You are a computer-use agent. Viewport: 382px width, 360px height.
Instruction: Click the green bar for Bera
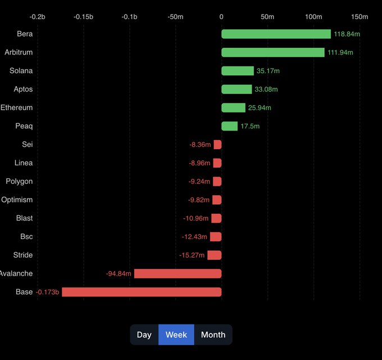coord(276,34)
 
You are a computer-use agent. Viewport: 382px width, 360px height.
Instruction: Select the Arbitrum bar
coord(273,52)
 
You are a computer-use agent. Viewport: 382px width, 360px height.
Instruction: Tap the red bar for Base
coord(142,292)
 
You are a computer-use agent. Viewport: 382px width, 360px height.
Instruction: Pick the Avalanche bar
coord(178,273)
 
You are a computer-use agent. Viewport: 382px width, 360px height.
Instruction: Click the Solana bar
coord(238,71)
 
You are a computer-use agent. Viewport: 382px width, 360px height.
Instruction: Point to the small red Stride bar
coord(214,255)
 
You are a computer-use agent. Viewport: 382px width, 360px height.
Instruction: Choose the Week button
coord(176,335)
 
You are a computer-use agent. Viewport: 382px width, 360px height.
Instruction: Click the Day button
coord(144,335)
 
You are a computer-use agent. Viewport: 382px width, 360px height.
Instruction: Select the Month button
coord(213,335)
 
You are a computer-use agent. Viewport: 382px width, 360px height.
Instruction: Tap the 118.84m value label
coord(347,34)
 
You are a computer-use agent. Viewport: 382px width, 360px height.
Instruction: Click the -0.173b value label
coord(48,292)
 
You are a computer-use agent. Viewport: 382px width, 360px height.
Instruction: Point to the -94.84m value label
coord(119,273)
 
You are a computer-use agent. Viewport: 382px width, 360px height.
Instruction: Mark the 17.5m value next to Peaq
coord(250,126)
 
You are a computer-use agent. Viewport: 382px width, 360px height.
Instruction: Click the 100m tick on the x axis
coord(313,17)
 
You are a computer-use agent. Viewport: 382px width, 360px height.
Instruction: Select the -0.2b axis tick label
coord(38,17)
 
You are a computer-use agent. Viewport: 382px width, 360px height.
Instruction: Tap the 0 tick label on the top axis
coord(221,17)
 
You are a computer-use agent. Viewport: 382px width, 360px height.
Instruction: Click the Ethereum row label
coord(17,107)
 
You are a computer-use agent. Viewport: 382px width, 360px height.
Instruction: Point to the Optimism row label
coord(17,200)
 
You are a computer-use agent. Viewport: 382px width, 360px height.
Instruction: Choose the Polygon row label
coord(19,181)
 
